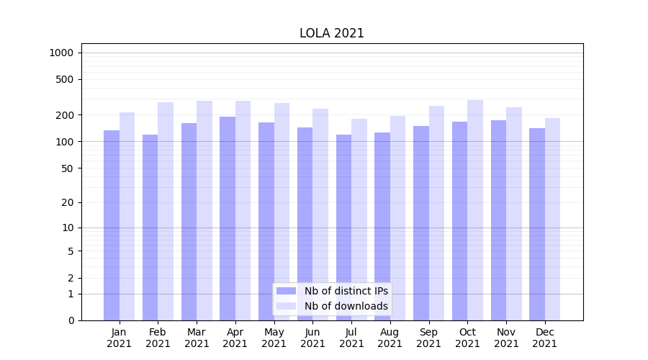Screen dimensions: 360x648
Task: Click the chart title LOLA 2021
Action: [x=332, y=34]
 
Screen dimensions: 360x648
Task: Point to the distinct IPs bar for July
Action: [x=343, y=227]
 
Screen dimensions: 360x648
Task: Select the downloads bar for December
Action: [x=553, y=219]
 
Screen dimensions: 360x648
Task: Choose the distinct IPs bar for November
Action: [x=498, y=220]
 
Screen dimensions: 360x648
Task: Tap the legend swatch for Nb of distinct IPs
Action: [x=287, y=291]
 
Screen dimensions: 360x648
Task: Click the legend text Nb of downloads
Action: [x=346, y=306]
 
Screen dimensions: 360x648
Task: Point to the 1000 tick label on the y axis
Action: [x=61, y=53]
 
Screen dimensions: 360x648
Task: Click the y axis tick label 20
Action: [x=68, y=202]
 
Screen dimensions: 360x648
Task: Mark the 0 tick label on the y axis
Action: [x=71, y=320]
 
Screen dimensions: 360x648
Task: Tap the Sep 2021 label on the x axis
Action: [x=428, y=338]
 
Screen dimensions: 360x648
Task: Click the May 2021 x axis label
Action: [x=274, y=338]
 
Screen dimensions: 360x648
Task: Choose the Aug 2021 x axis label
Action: [x=390, y=338]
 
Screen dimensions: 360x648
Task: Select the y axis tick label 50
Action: [x=68, y=168]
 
